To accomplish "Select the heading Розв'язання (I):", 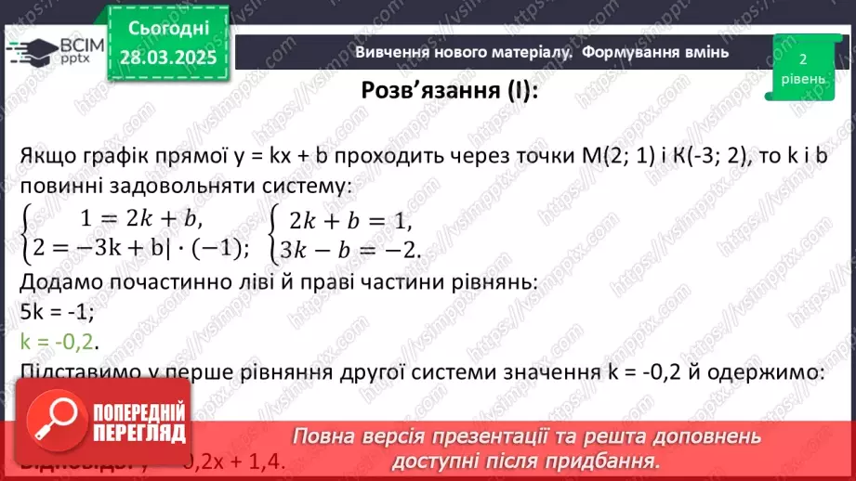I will point(450,91).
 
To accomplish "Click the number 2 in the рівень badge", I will point(801,58).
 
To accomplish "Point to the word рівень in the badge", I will point(801,79).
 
